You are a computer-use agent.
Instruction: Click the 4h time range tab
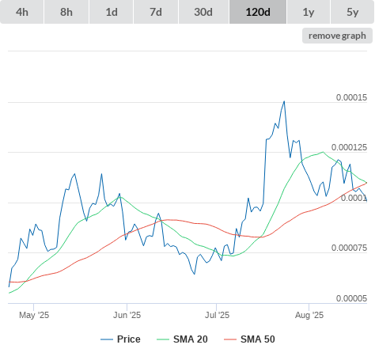[22, 12]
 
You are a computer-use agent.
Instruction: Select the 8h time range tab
[66, 12]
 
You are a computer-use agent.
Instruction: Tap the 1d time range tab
[112, 12]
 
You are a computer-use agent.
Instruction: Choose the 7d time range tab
[156, 12]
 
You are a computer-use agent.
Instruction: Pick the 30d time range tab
[203, 12]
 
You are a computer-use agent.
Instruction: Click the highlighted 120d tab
[258, 12]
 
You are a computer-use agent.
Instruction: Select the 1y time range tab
[309, 12]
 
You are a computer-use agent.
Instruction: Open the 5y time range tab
[353, 12]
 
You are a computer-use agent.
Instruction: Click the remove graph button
[337, 36]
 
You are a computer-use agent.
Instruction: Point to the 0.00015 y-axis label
[351, 97]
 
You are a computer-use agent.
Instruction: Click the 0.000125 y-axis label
[349, 147]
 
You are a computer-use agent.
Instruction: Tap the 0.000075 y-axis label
[349, 248]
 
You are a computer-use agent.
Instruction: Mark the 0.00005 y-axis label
[351, 298]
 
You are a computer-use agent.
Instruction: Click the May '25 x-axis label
[34, 315]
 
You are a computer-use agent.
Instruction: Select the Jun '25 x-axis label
[127, 315]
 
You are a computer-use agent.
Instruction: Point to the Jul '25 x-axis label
[217, 315]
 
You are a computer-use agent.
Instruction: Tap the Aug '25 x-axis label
[309, 315]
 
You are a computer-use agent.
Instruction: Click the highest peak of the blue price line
[284, 101]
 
